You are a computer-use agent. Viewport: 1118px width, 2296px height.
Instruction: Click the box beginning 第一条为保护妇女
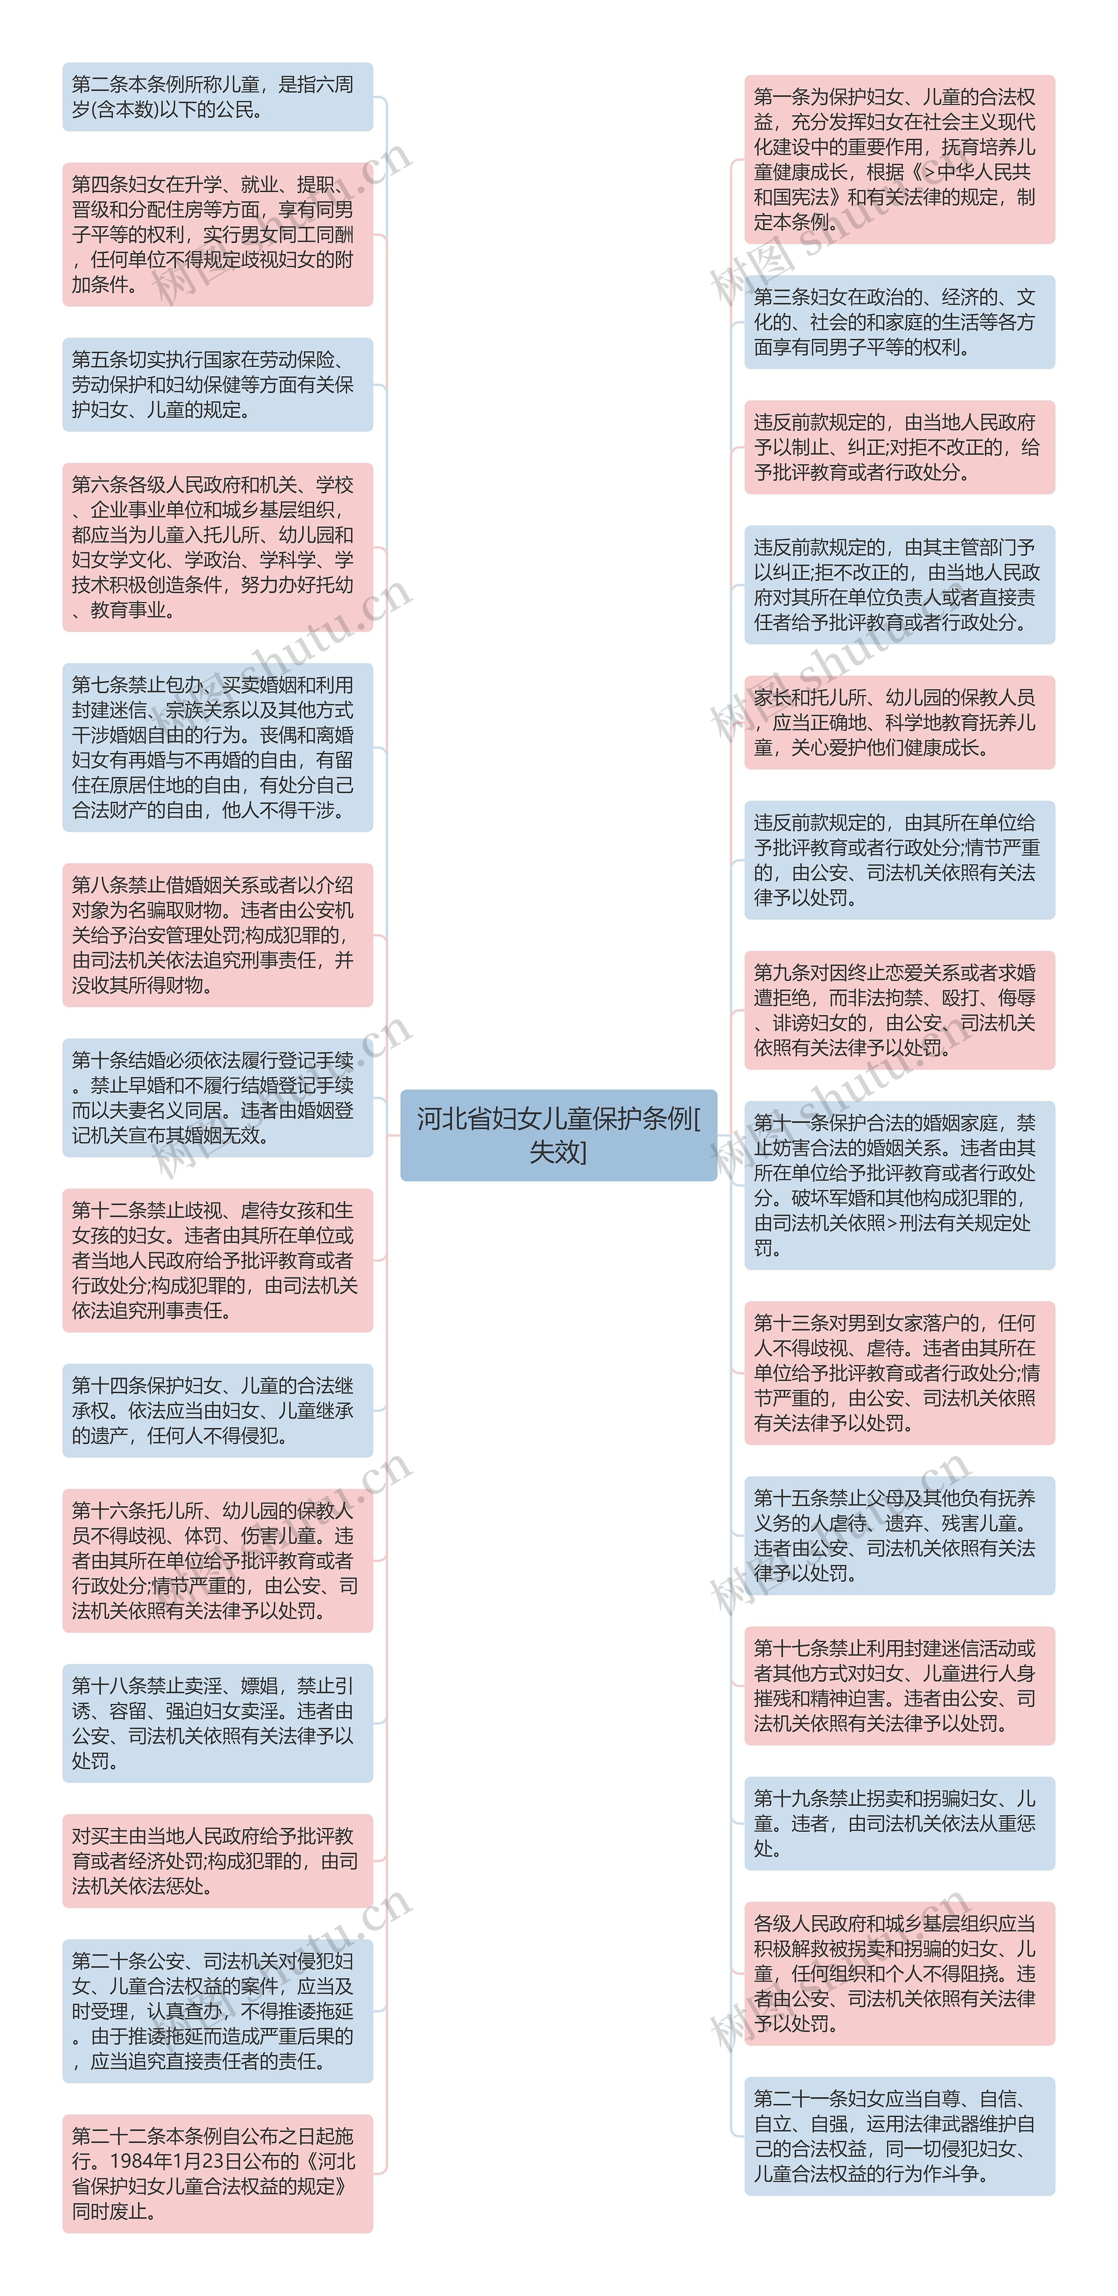[899, 159]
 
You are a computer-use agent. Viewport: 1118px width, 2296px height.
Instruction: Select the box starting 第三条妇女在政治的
[899, 322]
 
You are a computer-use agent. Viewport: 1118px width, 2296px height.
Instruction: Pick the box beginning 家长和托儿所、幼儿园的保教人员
[899, 722]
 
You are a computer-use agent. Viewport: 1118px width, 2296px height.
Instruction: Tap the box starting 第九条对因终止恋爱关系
[899, 1010]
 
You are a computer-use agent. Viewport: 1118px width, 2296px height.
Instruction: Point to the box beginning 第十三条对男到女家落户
[899, 1373]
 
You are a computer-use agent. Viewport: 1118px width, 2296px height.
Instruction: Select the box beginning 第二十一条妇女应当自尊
[899, 2136]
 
